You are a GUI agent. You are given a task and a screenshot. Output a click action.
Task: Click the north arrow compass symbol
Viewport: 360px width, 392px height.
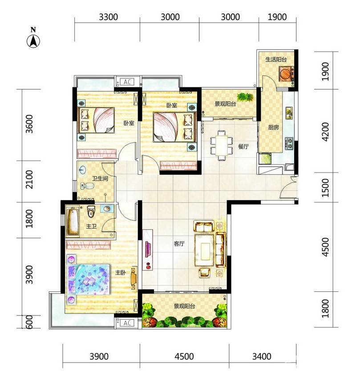(x=33, y=41)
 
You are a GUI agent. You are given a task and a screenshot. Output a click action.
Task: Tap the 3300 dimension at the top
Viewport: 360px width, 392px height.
(x=108, y=17)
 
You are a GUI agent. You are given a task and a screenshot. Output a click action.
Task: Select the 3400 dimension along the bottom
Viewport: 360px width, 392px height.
(x=262, y=356)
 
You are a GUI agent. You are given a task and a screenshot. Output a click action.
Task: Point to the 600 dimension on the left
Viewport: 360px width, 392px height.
(x=29, y=322)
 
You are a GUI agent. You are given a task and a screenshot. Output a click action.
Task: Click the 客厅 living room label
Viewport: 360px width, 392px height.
(x=179, y=244)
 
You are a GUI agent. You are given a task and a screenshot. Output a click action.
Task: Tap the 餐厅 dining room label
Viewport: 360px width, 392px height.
(x=243, y=147)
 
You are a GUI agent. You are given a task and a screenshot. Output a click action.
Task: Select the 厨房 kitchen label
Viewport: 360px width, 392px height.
(x=273, y=127)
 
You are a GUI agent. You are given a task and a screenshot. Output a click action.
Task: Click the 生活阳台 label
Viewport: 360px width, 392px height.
(x=276, y=60)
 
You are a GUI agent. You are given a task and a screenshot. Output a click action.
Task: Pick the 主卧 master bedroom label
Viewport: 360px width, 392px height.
(x=120, y=273)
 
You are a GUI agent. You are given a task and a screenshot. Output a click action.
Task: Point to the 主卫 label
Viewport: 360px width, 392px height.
(x=91, y=226)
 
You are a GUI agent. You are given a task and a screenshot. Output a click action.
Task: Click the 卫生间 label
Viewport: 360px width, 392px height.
(x=100, y=179)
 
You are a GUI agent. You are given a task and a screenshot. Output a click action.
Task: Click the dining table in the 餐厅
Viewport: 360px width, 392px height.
(x=221, y=146)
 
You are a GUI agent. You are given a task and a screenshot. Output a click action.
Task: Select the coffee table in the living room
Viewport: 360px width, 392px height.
(x=205, y=249)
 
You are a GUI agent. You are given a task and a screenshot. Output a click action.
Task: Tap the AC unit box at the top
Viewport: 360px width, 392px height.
(x=127, y=82)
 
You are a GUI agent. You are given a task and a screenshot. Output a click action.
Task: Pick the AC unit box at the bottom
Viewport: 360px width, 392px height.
(x=127, y=323)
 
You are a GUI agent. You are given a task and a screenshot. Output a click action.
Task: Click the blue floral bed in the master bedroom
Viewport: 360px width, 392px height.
(x=88, y=279)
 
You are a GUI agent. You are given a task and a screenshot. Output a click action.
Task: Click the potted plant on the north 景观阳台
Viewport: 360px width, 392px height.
(x=245, y=97)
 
